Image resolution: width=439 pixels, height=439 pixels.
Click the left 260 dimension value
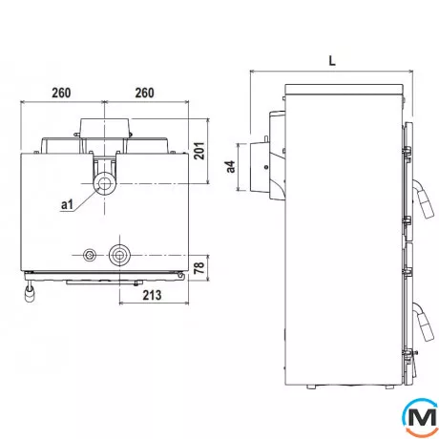click(61, 93)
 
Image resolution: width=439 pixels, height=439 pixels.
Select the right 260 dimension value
click(145, 93)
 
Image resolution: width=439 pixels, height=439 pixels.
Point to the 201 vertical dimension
click(199, 151)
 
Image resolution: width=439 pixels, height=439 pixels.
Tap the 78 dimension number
click(199, 267)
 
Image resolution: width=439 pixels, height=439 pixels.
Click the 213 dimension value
click(152, 295)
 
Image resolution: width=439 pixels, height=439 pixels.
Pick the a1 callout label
click(67, 204)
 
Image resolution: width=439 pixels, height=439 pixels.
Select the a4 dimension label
click(231, 167)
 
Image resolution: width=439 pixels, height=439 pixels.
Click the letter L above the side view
click(332, 60)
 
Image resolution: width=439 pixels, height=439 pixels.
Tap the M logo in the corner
click(422, 417)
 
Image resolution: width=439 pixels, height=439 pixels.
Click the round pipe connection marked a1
click(104, 183)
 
